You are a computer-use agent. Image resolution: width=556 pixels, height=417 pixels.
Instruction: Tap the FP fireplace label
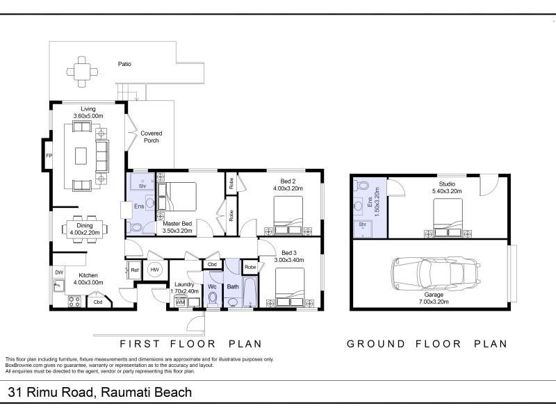point(49,155)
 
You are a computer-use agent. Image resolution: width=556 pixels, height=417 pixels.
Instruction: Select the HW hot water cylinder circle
point(154,270)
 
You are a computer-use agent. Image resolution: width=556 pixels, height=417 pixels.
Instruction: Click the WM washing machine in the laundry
point(180,302)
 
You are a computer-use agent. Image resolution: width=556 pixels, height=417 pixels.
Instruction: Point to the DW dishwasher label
point(59,272)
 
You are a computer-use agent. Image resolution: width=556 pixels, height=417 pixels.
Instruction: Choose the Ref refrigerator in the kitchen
point(134,270)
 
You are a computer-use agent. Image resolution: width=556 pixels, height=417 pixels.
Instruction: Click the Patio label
point(124,64)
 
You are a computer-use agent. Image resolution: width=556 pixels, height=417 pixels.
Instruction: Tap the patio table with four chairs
point(82,72)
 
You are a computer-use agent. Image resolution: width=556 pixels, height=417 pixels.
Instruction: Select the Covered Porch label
point(151,137)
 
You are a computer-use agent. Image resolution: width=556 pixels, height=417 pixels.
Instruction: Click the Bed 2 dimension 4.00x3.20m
point(288,188)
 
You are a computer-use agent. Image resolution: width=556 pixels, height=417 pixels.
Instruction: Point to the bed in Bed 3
point(290,287)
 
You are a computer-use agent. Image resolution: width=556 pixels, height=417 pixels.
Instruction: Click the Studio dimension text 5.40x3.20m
point(447,191)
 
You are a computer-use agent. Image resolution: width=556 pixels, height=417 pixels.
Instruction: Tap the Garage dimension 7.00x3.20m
point(434,302)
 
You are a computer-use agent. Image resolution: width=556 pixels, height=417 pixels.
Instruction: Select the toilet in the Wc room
point(213,299)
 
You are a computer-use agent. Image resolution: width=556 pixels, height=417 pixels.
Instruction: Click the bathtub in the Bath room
point(250,292)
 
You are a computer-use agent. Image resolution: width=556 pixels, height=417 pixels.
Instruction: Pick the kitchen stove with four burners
point(74,302)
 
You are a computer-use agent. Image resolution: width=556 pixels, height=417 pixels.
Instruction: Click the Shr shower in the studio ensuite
point(362,228)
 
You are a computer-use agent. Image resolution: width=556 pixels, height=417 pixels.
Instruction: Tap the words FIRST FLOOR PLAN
point(190,343)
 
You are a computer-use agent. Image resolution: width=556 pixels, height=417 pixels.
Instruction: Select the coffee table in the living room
point(81,156)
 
